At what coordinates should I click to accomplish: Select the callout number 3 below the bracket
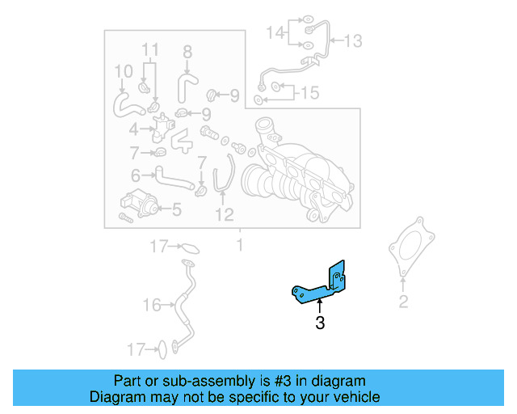(x=320, y=324)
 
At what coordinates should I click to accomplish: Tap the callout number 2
(x=403, y=302)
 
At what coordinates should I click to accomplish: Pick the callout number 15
(x=309, y=92)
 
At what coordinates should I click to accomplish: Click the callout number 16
(x=152, y=305)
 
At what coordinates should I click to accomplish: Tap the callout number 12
(x=224, y=214)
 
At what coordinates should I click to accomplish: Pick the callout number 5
(x=176, y=210)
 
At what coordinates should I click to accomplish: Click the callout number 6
(x=137, y=174)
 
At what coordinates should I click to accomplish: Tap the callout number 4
(x=133, y=128)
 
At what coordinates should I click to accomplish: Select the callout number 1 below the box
(x=239, y=243)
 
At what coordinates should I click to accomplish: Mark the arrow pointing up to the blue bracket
(x=320, y=306)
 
